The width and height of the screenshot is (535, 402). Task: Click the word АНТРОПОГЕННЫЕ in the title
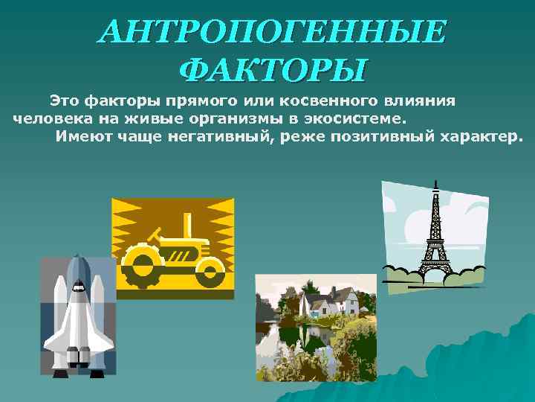[x=273, y=32]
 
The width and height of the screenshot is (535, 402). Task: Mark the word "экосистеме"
[x=362, y=118]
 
